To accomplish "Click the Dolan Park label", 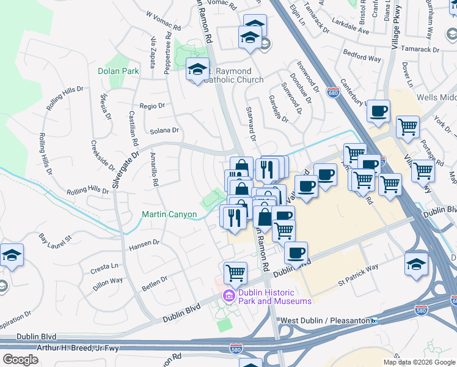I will click(x=119, y=71).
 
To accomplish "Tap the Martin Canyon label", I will click(x=169, y=214).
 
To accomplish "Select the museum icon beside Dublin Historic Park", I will click(x=229, y=296).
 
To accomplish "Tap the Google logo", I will click(x=20, y=359).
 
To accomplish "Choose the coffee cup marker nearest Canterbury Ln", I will click(x=378, y=111).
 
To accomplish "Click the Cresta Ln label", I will click(x=105, y=267).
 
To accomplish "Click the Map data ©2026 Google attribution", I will click(x=420, y=362).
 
